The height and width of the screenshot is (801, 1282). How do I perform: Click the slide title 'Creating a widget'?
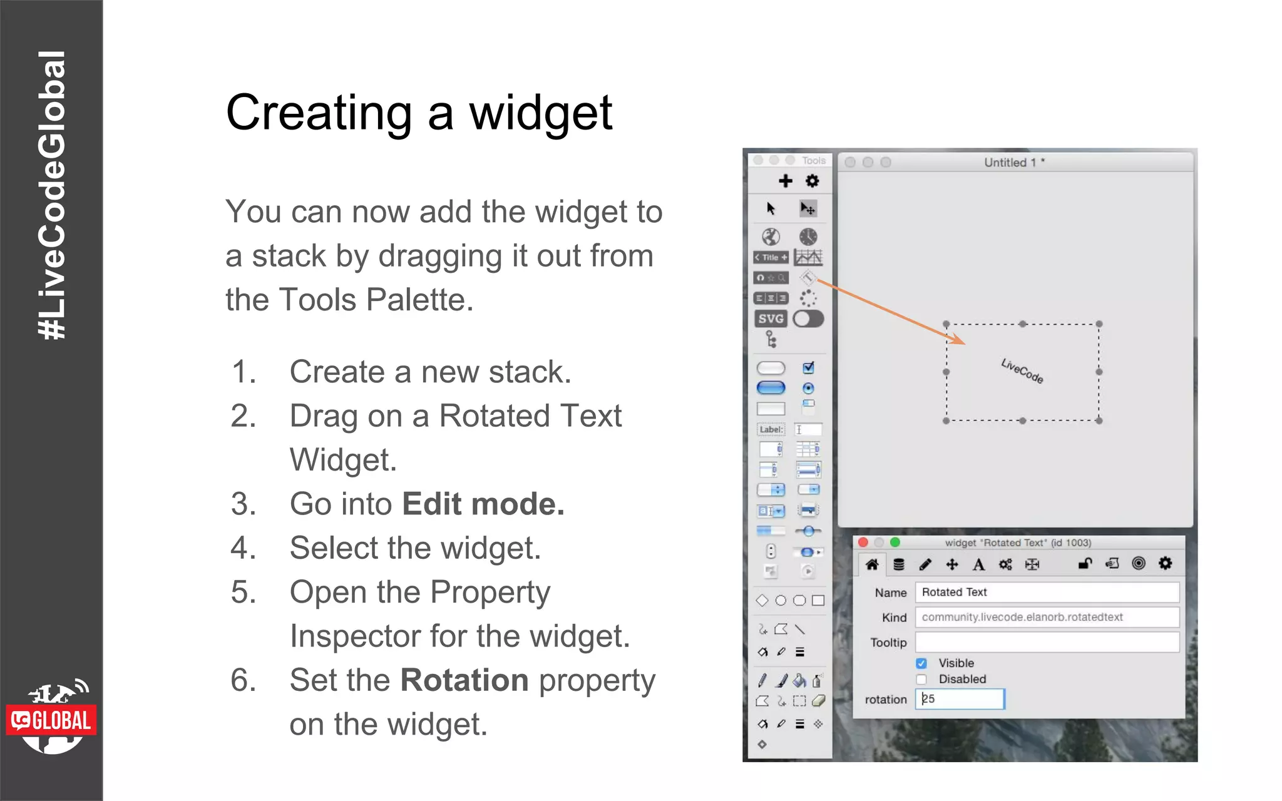419,113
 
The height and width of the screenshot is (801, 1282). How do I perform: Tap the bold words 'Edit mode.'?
483,504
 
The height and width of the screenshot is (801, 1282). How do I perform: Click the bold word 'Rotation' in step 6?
464,680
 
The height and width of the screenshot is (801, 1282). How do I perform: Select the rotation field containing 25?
960,699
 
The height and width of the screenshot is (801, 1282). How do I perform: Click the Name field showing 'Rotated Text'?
1047,592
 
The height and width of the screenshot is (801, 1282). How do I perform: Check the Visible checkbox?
921,663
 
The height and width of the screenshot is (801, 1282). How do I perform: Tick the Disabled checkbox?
921,680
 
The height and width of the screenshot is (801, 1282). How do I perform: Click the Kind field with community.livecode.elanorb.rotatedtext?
1047,617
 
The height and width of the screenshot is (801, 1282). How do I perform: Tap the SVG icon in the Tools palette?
771,319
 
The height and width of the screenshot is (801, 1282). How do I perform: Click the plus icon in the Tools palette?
785,181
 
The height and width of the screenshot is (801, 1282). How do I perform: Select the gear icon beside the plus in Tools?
812,181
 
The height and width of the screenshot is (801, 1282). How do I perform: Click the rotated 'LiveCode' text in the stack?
1022,371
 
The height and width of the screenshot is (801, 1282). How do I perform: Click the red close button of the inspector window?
863,543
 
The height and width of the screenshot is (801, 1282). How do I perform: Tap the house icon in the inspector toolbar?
872,564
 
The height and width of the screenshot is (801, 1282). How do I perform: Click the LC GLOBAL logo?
51,720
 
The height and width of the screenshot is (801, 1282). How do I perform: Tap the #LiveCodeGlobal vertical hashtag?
51,195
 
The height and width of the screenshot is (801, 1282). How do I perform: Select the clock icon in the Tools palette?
808,237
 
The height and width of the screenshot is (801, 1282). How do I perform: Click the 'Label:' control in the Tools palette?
771,430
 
